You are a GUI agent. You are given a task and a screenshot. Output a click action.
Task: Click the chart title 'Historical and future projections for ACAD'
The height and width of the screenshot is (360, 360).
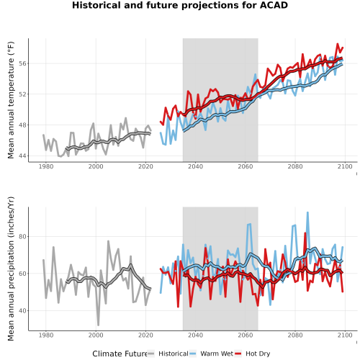tap(180, 5)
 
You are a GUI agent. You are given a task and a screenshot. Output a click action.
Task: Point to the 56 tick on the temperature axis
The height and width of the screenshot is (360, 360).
tap(23, 63)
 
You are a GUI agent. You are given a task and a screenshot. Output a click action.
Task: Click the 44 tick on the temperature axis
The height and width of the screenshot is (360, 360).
tap(23, 156)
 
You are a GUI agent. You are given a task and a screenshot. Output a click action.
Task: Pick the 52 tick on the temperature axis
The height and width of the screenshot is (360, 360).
tap(23, 94)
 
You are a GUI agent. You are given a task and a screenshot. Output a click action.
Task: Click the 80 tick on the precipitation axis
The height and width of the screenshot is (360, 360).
tap(23, 236)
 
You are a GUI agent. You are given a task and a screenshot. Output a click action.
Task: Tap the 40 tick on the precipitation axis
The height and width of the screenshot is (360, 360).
tap(23, 310)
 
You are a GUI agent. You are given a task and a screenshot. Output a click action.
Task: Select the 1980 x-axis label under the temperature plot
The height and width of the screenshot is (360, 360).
tap(46, 166)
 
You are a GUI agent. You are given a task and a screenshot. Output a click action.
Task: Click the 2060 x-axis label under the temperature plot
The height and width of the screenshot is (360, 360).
tap(246, 166)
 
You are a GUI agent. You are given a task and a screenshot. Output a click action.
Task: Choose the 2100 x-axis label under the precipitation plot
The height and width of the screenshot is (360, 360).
tap(345, 335)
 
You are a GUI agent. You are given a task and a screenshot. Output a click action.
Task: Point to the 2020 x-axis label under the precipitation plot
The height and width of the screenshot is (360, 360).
tap(145, 335)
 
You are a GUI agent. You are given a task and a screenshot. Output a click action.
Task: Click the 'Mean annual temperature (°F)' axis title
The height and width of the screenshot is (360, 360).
tap(11, 100)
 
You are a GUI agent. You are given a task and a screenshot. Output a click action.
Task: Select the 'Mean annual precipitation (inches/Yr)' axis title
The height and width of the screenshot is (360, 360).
tap(11, 269)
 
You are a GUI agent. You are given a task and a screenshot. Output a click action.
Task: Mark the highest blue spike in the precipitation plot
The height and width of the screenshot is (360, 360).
tap(307, 212)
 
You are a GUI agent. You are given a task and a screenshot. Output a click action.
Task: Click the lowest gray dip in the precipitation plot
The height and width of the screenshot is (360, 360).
tap(98, 325)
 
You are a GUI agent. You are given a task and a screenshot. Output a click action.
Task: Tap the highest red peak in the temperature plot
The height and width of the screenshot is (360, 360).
tap(338, 44)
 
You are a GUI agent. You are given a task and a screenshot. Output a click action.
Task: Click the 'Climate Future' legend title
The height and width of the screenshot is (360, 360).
tap(120, 354)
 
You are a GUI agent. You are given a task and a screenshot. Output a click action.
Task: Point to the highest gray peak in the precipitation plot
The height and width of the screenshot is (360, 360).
tap(108, 241)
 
